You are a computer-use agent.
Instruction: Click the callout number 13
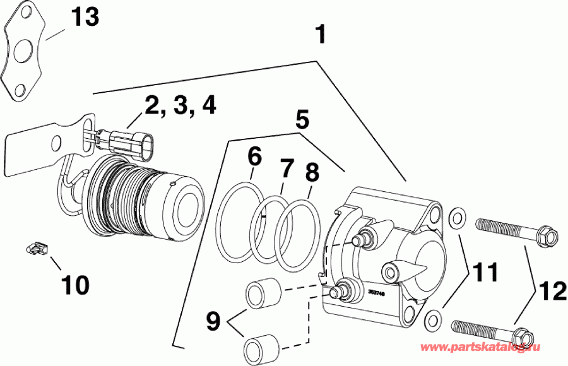(84, 17)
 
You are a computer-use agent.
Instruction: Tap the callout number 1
(321, 35)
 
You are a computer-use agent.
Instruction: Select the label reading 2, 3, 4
(180, 105)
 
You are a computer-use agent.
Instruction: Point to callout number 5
(302, 118)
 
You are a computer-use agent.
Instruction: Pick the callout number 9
(213, 321)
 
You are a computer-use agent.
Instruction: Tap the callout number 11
(486, 273)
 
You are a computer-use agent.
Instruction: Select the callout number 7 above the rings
(287, 168)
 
